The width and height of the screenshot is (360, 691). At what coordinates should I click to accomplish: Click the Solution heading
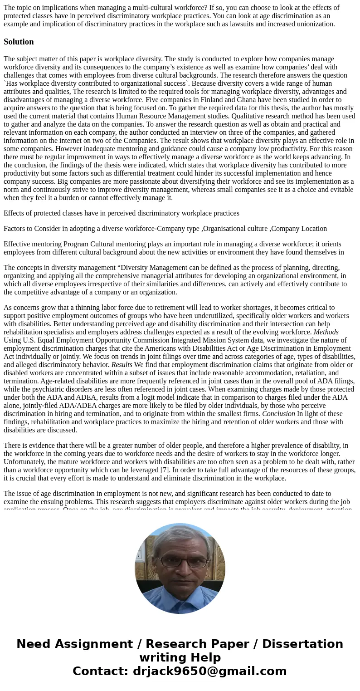pyautogui.click(x=19, y=42)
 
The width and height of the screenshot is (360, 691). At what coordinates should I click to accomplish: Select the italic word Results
pyautogui.click(x=122, y=365)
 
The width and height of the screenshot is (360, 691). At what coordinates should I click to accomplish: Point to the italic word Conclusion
pyautogui.click(x=278, y=414)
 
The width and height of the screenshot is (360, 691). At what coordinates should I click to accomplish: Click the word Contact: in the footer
pyautogui.click(x=101, y=671)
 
